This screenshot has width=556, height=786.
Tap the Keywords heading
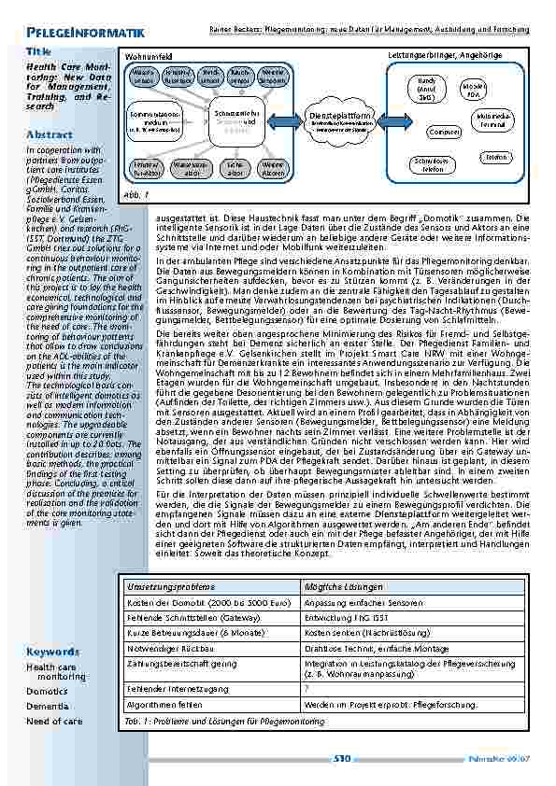pyautogui.click(x=52, y=651)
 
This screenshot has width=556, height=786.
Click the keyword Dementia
pyautogui.click(x=47, y=706)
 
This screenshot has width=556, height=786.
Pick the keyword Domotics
pyautogui.click(x=47, y=692)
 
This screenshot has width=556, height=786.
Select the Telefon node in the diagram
pyautogui.click(x=496, y=158)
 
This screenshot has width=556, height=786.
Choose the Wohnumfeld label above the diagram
pyautogui.click(x=145, y=57)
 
